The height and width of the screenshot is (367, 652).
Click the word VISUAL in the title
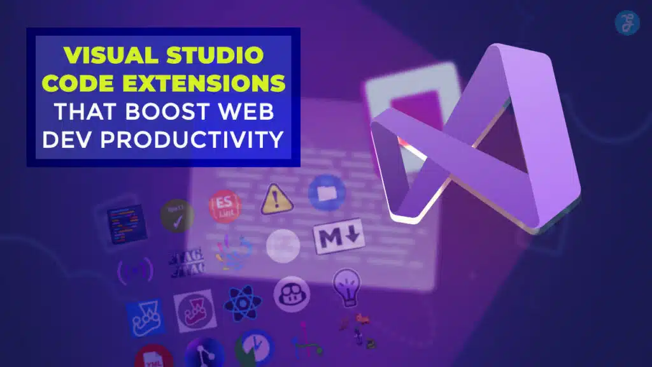point(103,55)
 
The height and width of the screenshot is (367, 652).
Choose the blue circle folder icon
point(327,194)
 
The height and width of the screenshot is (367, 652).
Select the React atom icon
point(243,303)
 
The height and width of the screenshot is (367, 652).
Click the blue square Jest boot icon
point(146,317)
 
